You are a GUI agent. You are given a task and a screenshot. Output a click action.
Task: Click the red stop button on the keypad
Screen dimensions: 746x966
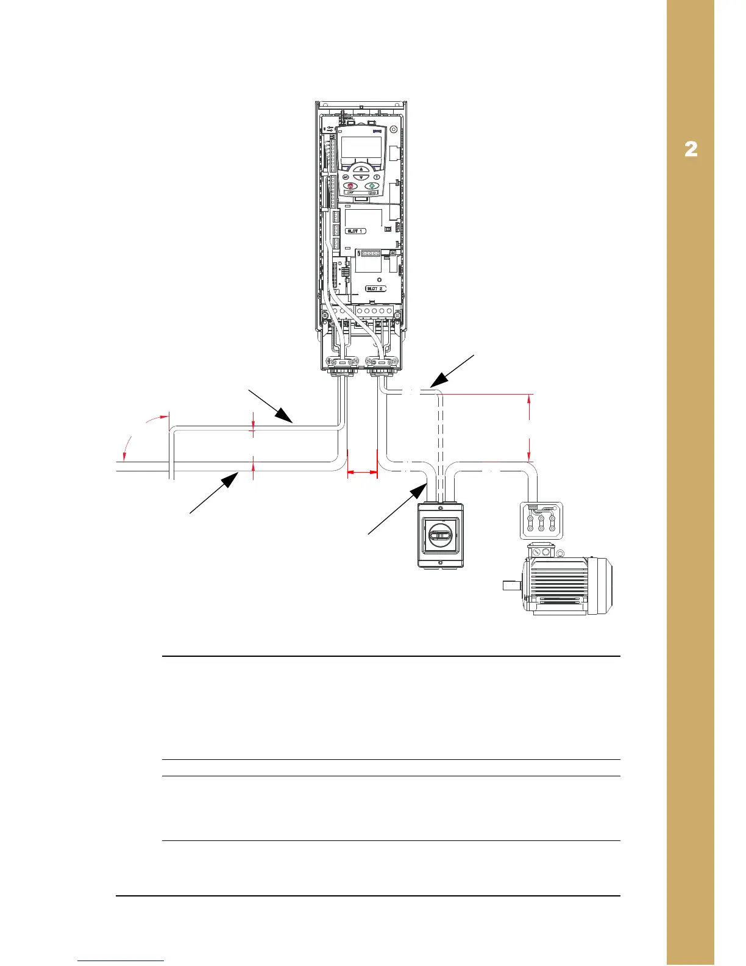point(350,186)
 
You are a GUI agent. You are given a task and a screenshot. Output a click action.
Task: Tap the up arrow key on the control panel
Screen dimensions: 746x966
point(361,169)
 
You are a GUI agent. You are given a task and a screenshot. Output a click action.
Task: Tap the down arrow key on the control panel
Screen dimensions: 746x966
point(361,177)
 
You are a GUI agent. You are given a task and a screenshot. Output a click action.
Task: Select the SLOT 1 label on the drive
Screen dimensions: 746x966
point(355,231)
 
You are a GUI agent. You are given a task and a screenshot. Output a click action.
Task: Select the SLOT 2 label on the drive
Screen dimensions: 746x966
point(375,288)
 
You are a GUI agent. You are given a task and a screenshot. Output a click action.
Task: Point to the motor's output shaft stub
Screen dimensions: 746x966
point(510,586)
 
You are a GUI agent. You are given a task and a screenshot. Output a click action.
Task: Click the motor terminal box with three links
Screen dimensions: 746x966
point(541,520)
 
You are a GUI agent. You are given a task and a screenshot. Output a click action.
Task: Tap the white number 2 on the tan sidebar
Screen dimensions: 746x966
point(691,149)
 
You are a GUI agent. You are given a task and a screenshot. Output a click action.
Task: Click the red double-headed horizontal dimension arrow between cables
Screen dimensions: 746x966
point(362,471)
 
